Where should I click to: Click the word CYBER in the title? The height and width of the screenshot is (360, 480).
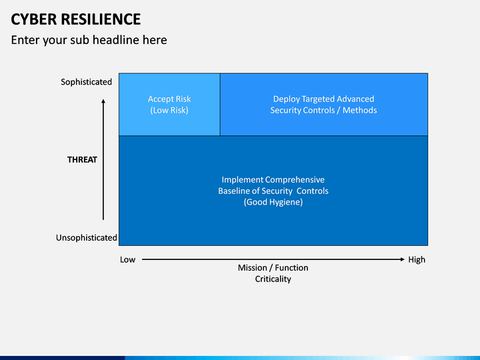[x=33, y=19]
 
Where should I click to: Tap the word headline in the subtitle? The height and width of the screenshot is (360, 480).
[x=115, y=40]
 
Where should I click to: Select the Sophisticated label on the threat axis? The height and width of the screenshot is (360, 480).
[x=86, y=82]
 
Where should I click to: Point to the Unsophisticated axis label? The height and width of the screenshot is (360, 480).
[x=86, y=237]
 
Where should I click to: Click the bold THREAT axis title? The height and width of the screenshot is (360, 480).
[x=82, y=160]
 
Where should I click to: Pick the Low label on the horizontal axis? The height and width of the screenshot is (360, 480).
[x=127, y=259]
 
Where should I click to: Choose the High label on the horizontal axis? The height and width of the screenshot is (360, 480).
[x=417, y=259]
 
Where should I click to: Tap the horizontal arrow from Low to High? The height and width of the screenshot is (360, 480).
[x=273, y=259]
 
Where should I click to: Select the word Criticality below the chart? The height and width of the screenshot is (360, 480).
[x=273, y=279]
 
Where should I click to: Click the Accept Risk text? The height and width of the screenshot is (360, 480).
[x=169, y=99]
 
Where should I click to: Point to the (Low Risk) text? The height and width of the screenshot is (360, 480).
[x=169, y=111]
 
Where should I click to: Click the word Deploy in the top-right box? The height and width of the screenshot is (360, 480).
[x=287, y=99]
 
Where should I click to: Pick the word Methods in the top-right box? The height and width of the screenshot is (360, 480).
[x=360, y=111]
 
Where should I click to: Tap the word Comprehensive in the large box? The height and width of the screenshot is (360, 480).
[x=295, y=180]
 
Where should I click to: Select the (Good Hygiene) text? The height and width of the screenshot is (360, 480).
[x=273, y=202]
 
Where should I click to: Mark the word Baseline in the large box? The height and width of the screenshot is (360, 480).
[x=235, y=191]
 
